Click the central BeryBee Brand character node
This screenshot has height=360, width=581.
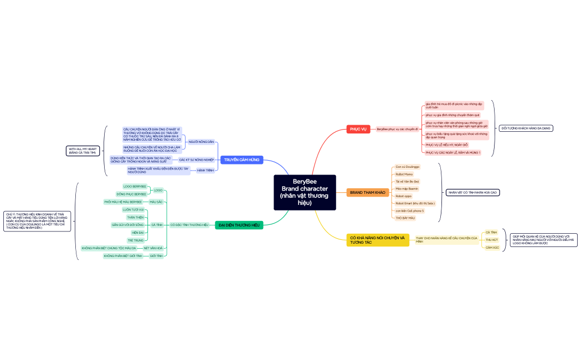[x=305, y=192]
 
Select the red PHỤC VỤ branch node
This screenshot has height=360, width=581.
[x=358, y=129]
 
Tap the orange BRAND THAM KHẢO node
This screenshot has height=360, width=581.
[x=367, y=193]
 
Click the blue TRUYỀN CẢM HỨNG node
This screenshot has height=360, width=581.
[x=241, y=160]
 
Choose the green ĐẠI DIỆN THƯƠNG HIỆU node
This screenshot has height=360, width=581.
[x=239, y=225]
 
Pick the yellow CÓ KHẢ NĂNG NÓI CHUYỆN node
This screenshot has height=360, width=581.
[x=378, y=240]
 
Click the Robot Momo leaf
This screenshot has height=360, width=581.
[x=404, y=174]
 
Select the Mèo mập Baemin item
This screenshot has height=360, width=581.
[x=407, y=189]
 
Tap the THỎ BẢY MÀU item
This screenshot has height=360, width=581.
[x=405, y=218]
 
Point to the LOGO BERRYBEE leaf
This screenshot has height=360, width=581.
[x=135, y=187]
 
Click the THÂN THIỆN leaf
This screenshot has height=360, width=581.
[x=136, y=218]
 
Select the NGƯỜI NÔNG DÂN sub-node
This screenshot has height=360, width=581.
[x=201, y=142]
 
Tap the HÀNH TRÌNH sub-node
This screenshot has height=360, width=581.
[x=205, y=171]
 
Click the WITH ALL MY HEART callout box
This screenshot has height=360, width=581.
[x=83, y=151]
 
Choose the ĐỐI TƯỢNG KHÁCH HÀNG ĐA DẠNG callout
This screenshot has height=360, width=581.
[x=526, y=128]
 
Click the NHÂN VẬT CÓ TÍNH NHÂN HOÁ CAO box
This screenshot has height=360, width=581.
[x=472, y=193]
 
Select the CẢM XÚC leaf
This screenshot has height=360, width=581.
[x=492, y=248]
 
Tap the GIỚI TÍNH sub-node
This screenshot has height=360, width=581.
[x=156, y=256]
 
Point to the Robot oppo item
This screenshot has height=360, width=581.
[x=404, y=196]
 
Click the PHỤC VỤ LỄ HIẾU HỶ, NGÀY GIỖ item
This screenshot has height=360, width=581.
[x=446, y=145]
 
